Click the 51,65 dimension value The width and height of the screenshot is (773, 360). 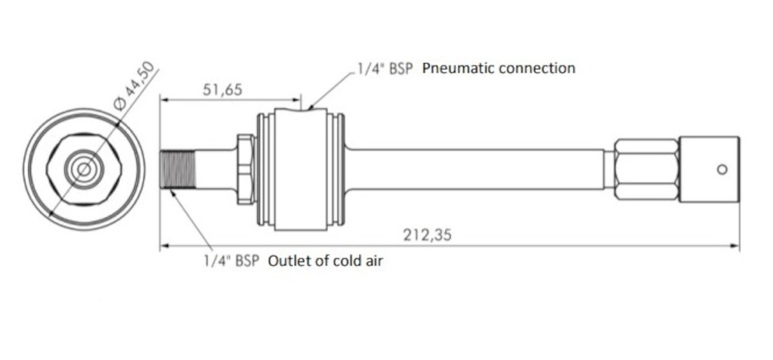point(223,90)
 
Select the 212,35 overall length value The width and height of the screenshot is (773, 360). point(427,235)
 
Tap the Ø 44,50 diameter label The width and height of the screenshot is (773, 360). point(135,86)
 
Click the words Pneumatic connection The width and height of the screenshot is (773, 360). point(499,68)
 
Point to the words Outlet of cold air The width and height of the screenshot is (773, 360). point(325,261)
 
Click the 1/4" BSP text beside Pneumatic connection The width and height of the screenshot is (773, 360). point(385,68)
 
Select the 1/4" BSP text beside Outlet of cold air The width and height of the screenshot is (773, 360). point(231,261)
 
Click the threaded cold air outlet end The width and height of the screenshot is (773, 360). point(178,170)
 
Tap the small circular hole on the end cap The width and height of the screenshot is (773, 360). point(722,169)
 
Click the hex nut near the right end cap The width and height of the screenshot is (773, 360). point(647,169)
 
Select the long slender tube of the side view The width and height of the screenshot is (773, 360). point(475,169)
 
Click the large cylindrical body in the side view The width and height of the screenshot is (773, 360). point(301,169)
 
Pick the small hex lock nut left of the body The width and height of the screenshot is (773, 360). point(245,169)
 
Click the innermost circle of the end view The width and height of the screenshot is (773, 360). point(84,169)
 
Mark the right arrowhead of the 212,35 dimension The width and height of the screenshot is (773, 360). point(735,246)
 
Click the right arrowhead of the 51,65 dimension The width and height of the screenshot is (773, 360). point(296,100)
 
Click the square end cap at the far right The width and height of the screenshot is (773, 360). point(709,169)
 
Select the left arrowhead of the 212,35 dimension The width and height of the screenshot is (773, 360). point(165,246)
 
